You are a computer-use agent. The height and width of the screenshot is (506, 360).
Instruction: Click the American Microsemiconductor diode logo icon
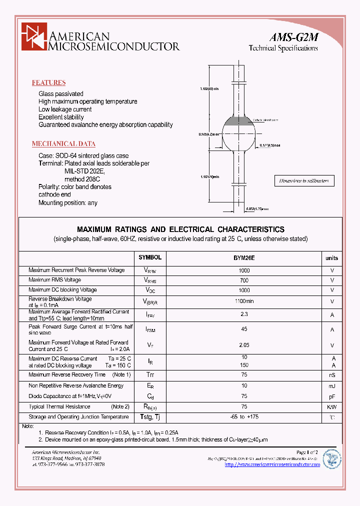33,38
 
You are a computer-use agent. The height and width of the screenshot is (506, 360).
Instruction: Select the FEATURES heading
48,83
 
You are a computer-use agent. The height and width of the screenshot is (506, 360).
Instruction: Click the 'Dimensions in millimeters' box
304,181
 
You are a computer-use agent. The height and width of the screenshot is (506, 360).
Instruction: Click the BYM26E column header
244,258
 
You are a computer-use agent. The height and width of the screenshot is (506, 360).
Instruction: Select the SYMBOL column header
150,257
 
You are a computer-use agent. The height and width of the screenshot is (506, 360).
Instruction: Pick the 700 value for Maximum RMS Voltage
244,280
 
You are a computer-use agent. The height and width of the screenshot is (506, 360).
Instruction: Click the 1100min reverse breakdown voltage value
244,301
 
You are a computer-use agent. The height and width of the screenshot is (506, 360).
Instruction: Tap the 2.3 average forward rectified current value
244,314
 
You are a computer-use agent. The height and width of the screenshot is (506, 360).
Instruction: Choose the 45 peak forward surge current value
244,329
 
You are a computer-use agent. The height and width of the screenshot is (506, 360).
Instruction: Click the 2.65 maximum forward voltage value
244,345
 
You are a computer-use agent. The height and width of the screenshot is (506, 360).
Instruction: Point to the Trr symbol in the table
150,375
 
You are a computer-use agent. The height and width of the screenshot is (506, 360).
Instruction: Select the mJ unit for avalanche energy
331,385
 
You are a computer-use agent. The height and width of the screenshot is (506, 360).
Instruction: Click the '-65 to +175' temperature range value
244,416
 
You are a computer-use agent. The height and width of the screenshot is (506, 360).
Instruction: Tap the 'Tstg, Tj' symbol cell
150,416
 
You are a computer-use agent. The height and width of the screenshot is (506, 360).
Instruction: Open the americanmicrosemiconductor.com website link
272,464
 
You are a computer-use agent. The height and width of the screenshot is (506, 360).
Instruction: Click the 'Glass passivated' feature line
61,94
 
